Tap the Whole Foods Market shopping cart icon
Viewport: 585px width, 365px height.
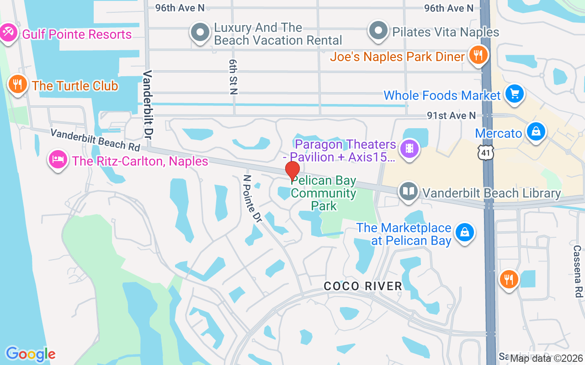tap(515, 94)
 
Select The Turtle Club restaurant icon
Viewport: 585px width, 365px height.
tap(17, 84)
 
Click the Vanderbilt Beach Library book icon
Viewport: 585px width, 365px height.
tap(408, 192)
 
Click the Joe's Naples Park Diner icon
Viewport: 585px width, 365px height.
tap(478, 55)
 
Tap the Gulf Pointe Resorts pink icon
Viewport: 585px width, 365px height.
tap(8, 33)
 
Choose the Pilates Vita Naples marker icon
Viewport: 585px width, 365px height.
tap(378, 31)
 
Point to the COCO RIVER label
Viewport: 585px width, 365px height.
tap(363, 286)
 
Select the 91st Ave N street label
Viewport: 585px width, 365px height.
tap(451, 115)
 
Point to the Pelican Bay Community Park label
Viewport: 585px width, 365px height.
tap(323, 193)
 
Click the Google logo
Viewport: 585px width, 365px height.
tap(31, 354)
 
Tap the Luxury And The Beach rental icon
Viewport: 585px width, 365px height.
tap(200, 33)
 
